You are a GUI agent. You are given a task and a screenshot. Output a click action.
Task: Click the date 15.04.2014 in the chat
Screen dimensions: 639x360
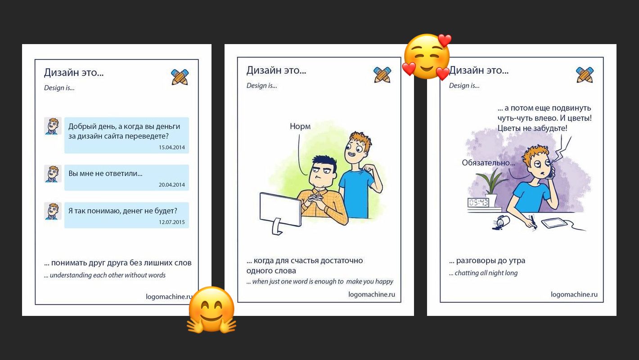point(172,148)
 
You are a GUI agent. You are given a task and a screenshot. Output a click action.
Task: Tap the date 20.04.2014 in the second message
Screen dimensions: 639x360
point(172,185)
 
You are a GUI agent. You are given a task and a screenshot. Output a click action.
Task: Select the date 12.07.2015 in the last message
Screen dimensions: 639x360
point(172,222)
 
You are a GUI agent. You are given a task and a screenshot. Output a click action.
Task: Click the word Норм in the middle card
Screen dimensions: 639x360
point(300,126)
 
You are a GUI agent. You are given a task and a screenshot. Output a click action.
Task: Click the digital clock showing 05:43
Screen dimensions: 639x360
point(478,203)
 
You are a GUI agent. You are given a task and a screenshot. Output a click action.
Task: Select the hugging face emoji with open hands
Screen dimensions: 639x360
point(211,310)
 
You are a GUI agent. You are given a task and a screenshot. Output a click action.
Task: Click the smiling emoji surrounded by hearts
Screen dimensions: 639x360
point(427,57)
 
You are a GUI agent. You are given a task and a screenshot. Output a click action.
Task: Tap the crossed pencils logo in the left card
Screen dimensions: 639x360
point(180,77)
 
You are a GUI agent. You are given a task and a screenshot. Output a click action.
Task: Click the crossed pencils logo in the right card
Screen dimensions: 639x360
point(585,75)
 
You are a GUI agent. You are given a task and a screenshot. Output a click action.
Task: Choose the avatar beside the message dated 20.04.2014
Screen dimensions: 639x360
point(53,173)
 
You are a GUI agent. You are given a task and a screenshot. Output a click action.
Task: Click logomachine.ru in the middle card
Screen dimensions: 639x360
point(372,294)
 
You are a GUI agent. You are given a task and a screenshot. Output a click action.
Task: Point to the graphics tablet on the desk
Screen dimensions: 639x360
point(554,223)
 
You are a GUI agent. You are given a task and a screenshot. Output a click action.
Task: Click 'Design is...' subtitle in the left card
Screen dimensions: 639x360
point(59,88)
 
